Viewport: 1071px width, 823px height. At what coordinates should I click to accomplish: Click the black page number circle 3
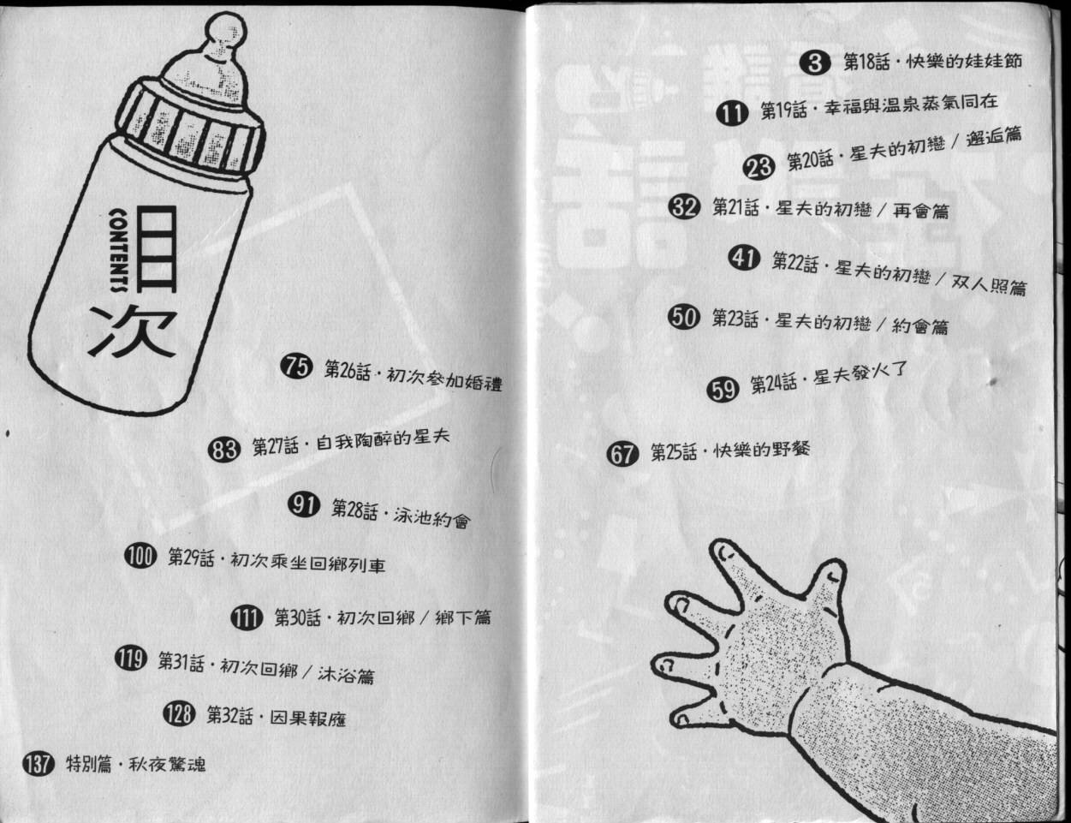point(815,63)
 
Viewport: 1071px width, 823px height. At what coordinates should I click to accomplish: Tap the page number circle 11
point(732,112)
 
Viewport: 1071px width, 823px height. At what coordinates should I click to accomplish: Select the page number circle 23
point(759,166)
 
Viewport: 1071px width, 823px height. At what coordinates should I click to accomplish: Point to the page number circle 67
point(622,453)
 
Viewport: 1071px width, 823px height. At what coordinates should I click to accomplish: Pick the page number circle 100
point(140,557)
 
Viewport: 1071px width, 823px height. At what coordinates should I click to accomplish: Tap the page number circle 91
point(304,504)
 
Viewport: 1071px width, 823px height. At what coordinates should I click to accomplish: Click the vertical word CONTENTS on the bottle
point(119,249)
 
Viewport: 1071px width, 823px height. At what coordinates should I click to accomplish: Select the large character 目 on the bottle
point(155,248)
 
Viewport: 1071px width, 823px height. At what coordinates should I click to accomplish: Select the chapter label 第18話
point(867,63)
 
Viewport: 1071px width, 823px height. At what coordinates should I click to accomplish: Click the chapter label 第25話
point(674,452)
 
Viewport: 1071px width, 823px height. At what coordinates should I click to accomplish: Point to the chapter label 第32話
point(229,716)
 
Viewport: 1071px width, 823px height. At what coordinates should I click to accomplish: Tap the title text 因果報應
point(308,719)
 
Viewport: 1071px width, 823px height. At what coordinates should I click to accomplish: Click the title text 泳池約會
point(432,517)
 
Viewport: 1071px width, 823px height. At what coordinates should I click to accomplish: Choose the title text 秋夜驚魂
point(167,765)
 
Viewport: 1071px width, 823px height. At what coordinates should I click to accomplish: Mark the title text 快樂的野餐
point(762,450)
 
